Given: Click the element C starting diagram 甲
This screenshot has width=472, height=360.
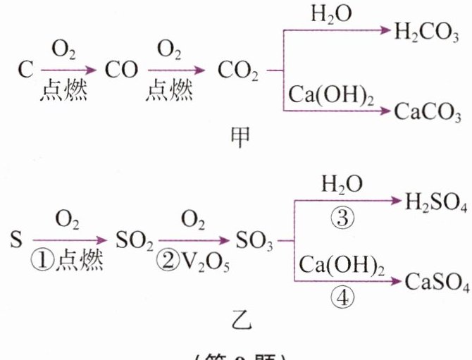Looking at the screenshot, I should point(26,71).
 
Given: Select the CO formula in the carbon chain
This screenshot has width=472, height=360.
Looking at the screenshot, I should point(120,71).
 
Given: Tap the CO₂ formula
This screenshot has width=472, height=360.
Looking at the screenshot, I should point(239,72).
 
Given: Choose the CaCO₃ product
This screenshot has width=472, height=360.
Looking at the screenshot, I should point(428,111).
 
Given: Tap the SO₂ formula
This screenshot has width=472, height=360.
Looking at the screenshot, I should point(131,241).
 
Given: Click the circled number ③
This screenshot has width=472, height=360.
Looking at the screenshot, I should point(342,218).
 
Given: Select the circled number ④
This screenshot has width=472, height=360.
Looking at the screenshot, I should point(342,297).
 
